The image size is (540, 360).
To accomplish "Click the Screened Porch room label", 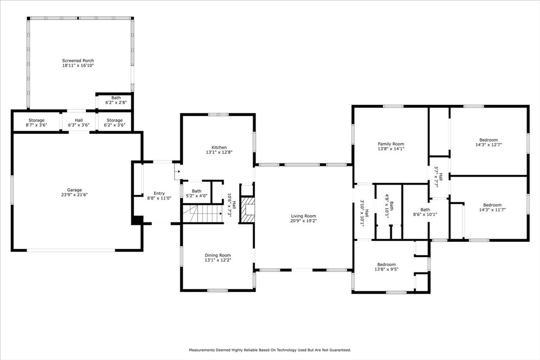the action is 78,61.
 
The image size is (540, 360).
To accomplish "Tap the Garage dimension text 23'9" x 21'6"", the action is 74,195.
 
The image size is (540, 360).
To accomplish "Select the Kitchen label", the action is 219,147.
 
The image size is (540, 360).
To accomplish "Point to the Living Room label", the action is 303,216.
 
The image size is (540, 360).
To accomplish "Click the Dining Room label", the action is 218,255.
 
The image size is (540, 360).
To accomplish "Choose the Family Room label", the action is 391,144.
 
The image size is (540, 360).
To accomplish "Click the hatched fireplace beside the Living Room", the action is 247,210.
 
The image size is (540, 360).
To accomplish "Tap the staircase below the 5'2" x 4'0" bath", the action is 202,213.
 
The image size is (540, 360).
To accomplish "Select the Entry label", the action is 159,193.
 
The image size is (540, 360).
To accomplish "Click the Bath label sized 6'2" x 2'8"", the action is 116,98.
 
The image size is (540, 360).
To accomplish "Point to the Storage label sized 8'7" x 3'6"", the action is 36,120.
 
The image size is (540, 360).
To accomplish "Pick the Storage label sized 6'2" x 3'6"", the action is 114,120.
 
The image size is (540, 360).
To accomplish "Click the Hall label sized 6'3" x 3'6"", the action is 79,120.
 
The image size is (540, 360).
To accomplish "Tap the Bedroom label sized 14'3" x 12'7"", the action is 488,140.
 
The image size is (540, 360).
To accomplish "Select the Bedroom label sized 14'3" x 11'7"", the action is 492,205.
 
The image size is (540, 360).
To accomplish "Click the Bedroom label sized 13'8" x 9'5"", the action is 386,265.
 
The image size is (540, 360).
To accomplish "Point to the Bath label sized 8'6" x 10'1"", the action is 425,210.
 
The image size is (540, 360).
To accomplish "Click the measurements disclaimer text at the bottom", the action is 270,350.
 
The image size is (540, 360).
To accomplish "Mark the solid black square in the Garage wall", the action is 138,220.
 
